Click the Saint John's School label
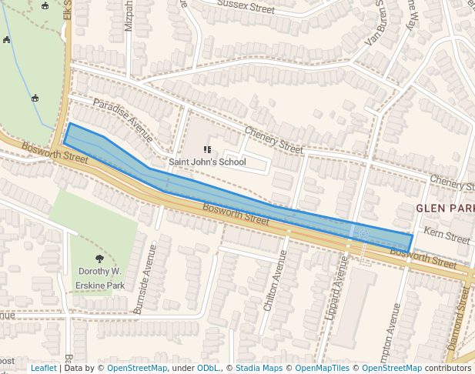point(207,162)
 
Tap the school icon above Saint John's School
point(206,149)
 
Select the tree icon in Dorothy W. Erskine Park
point(99,259)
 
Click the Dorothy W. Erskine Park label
point(99,278)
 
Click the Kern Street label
point(447,236)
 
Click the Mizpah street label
point(129,16)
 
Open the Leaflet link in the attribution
point(43,369)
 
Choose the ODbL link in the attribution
point(208,369)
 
